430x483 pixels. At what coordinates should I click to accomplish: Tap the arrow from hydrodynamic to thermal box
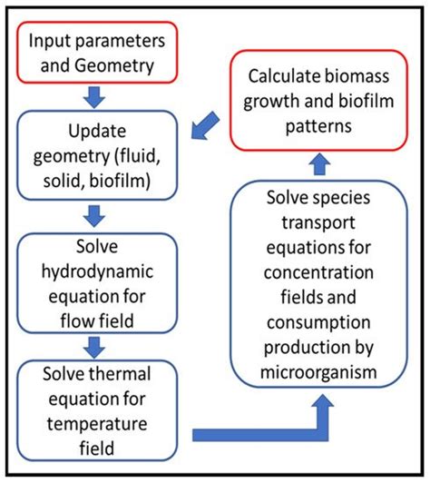coord(96,345)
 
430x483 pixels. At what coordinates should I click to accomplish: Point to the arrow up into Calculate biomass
coord(320,161)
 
